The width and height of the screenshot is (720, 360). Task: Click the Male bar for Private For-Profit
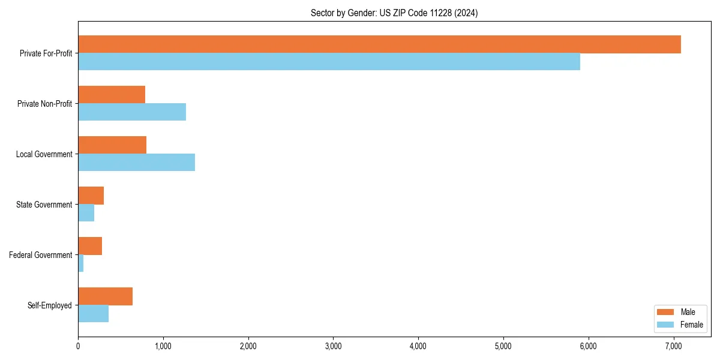pyautogui.click(x=379, y=44)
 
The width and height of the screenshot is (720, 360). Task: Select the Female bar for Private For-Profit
pyautogui.click(x=329, y=62)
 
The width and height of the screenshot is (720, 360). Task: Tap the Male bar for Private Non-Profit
pyautogui.click(x=112, y=95)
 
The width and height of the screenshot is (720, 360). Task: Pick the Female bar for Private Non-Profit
pyautogui.click(x=132, y=112)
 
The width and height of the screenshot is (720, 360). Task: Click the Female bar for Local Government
pyautogui.click(x=136, y=163)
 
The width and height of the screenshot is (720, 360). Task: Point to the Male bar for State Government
pyautogui.click(x=91, y=196)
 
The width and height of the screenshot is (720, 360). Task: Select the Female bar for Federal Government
pyautogui.click(x=81, y=263)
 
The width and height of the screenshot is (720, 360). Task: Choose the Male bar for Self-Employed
pyautogui.click(x=105, y=296)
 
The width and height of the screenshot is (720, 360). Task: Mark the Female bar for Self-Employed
pyautogui.click(x=93, y=314)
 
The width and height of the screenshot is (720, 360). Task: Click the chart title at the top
pyautogui.click(x=394, y=13)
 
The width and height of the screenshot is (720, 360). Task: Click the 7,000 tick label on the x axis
pyautogui.click(x=673, y=346)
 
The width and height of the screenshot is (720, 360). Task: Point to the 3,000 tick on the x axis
pyautogui.click(x=333, y=346)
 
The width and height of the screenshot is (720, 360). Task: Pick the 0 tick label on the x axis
pyautogui.click(x=78, y=346)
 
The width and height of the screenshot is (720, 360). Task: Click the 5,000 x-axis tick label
pyautogui.click(x=503, y=346)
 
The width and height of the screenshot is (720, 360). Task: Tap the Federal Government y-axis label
pyautogui.click(x=41, y=255)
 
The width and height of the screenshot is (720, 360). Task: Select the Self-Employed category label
pyautogui.click(x=50, y=305)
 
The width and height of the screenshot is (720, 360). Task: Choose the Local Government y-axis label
pyautogui.click(x=44, y=154)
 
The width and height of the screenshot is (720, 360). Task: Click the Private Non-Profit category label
pyautogui.click(x=45, y=104)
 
